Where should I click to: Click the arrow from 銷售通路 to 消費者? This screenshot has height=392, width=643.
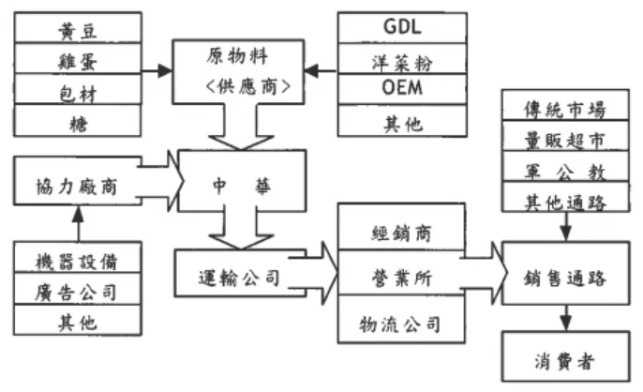pos(564,320)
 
